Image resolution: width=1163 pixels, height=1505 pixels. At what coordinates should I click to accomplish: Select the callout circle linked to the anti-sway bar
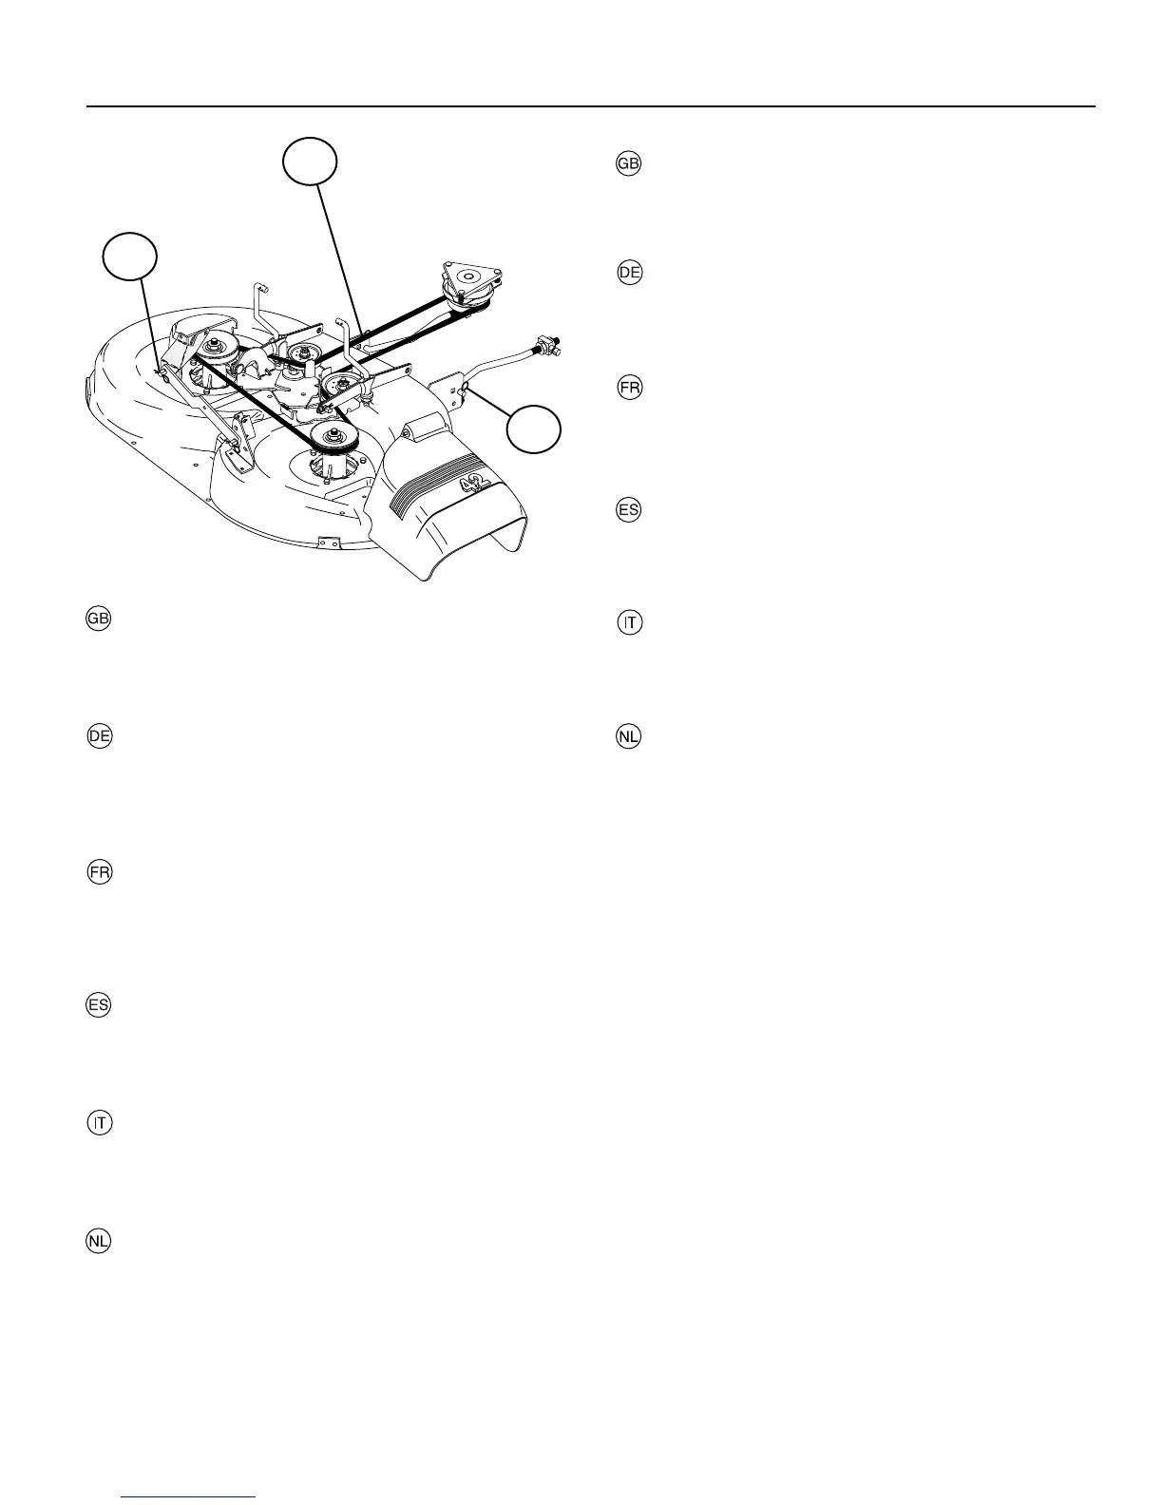pyautogui.click(x=533, y=429)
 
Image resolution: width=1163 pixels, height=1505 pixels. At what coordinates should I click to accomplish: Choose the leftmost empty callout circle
pyautogui.click(x=129, y=255)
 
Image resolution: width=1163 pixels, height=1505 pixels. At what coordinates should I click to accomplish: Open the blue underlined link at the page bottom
pyautogui.click(x=190, y=1498)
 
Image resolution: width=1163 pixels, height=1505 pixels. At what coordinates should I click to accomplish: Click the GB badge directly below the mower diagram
pyautogui.click(x=99, y=619)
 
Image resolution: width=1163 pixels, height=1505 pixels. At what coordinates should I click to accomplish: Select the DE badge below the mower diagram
pyautogui.click(x=99, y=736)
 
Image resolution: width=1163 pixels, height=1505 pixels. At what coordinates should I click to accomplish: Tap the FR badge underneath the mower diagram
pyautogui.click(x=99, y=873)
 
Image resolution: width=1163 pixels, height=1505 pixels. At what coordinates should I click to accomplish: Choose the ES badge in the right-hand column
pyautogui.click(x=629, y=510)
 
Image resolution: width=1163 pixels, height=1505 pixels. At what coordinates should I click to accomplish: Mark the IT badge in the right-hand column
pyautogui.click(x=629, y=623)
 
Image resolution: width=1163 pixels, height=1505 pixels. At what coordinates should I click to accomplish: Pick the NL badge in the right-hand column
pyautogui.click(x=629, y=736)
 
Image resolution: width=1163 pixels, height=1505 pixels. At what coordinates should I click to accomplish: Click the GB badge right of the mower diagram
pyautogui.click(x=629, y=163)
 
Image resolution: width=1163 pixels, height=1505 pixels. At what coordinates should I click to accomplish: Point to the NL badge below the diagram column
pyautogui.click(x=99, y=1241)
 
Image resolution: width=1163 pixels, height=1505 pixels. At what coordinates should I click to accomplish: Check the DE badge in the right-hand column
pyautogui.click(x=629, y=273)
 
